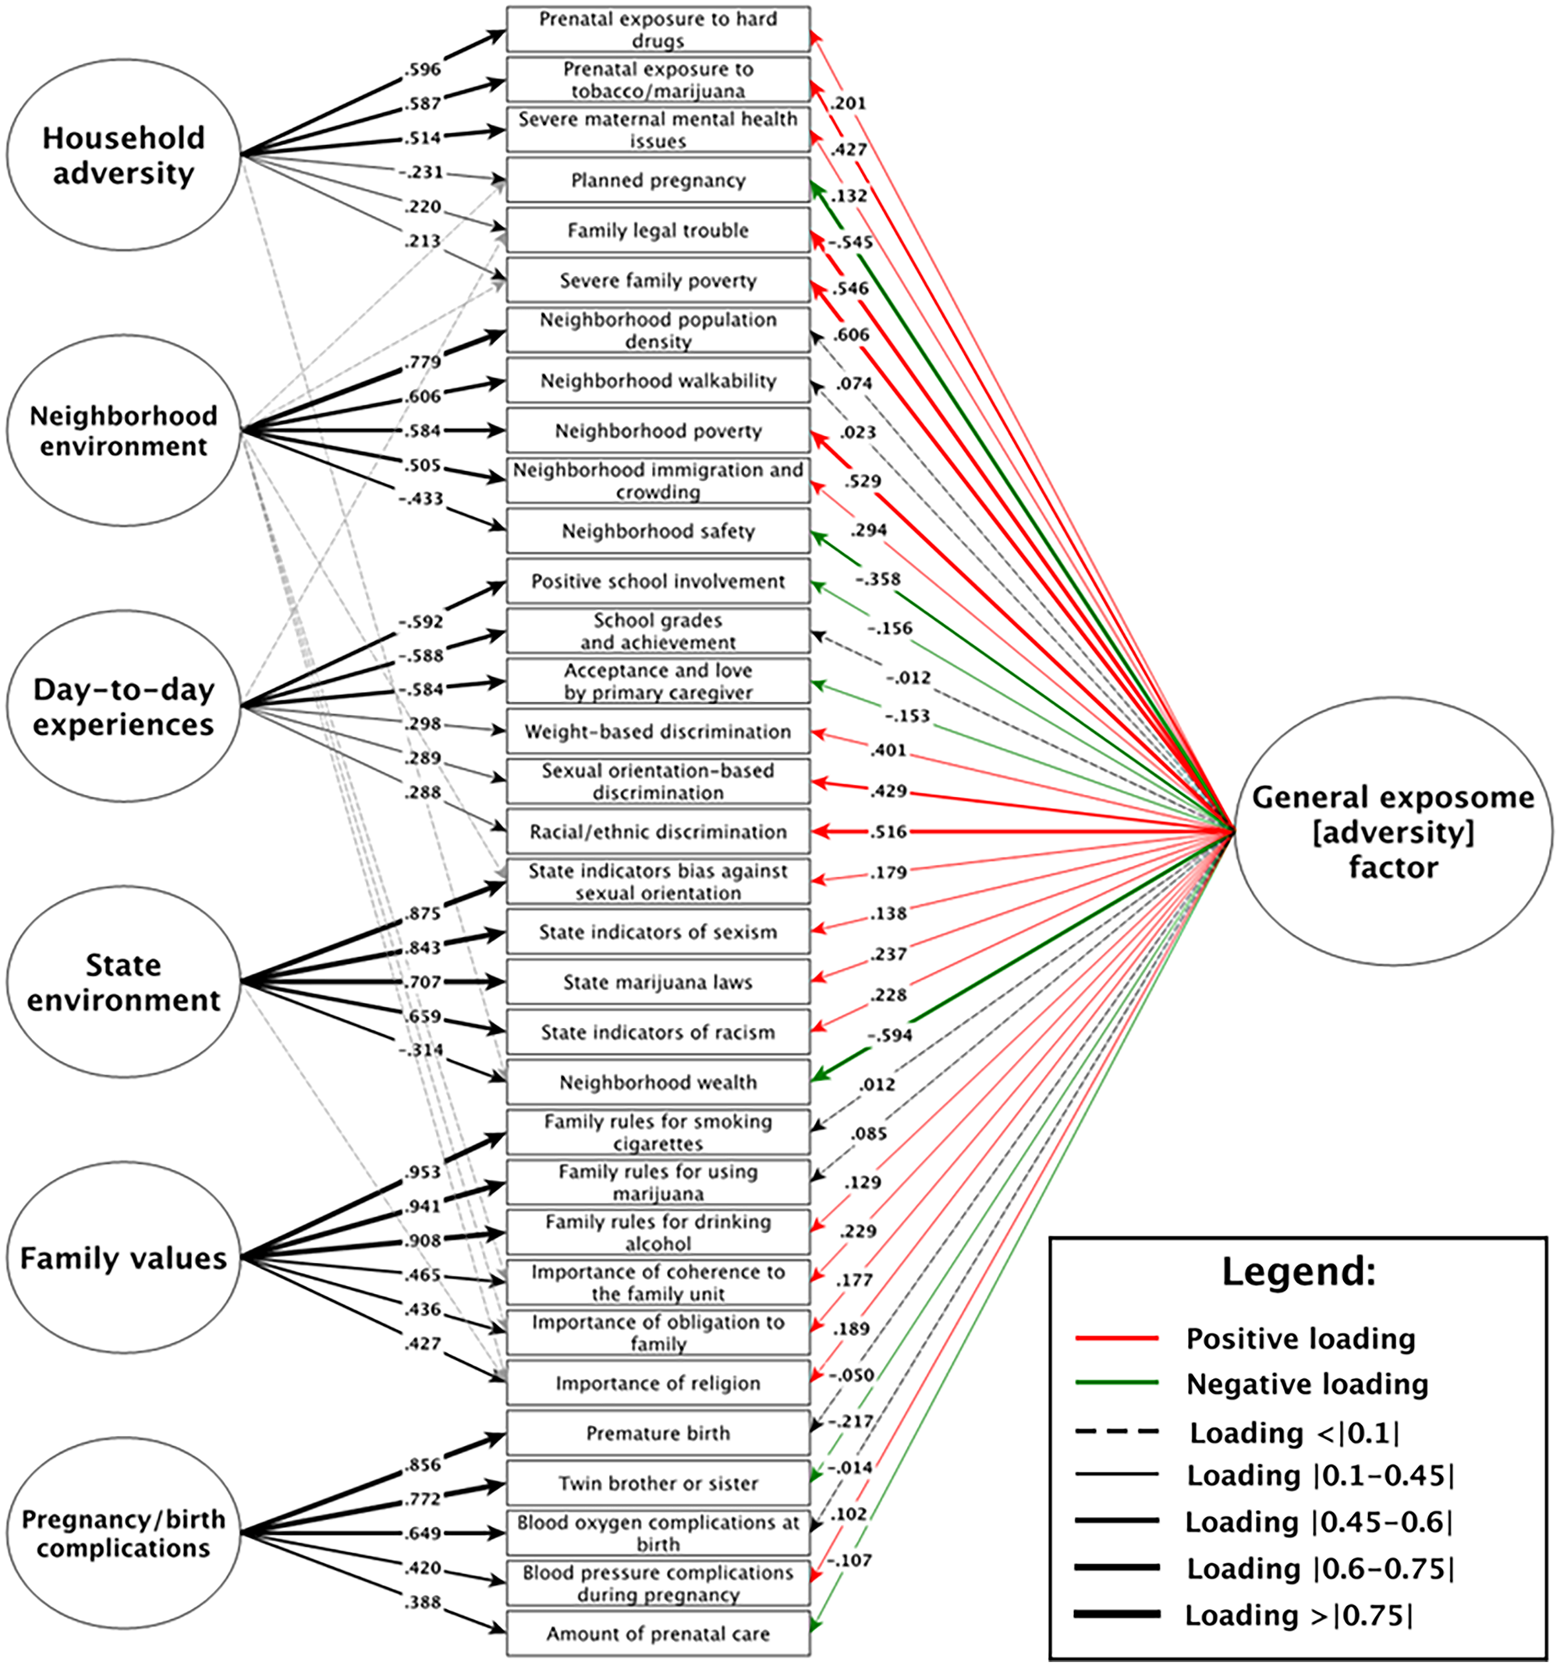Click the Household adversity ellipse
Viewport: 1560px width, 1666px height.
[124, 155]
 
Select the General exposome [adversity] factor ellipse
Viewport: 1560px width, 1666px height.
[1392, 831]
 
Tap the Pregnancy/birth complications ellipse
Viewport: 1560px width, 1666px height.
[124, 1533]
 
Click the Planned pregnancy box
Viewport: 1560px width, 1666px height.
[658, 180]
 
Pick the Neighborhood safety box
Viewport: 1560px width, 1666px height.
[658, 531]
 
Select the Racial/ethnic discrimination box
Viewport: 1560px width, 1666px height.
[658, 832]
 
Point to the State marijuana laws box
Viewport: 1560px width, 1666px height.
[658, 982]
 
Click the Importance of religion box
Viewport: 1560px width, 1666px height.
[658, 1384]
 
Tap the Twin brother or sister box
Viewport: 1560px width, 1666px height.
[658, 1484]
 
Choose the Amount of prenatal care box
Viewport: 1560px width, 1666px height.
[658, 1634]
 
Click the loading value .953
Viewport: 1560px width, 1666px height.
[423, 1172]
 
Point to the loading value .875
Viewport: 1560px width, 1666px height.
[423, 913]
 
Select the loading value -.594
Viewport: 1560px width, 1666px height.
[888, 1036]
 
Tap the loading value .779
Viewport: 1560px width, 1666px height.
[423, 362]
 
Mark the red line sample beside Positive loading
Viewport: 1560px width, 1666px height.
[1116, 1338]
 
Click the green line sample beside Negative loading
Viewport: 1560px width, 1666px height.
[1116, 1384]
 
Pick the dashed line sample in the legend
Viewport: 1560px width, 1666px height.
[1116, 1432]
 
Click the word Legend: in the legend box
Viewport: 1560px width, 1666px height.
[1299, 1272]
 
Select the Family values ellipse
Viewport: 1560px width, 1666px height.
[124, 1258]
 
